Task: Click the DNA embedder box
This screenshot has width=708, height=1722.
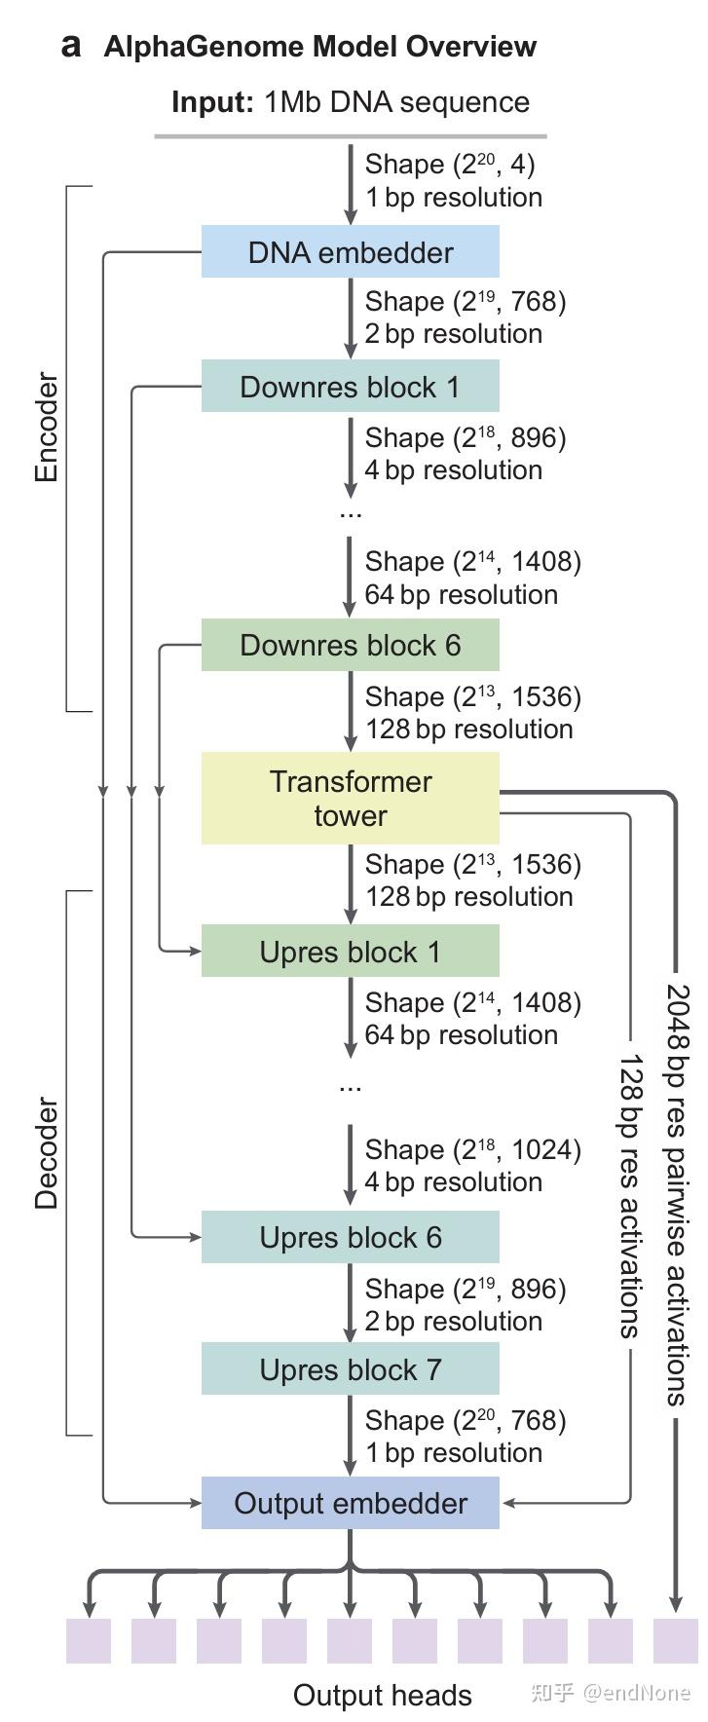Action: [x=350, y=252]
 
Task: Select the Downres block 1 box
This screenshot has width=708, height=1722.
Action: [x=350, y=387]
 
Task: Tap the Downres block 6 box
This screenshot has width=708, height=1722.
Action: [x=350, y=645]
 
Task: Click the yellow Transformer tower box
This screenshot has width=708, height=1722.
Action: [x=350, y=798]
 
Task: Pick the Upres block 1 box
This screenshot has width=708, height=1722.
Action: [x=350, y=952]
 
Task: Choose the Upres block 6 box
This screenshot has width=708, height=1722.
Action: [x=350, y=1237]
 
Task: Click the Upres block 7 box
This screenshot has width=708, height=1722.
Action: [x=350, y=1369]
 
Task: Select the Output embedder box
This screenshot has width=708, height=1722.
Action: [x=350, y=1503]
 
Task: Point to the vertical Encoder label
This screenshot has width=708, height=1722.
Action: [x=47, y=428]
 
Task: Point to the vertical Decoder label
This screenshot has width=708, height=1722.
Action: [x=47, y=1153]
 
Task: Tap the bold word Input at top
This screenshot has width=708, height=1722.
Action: [x=212, y=102]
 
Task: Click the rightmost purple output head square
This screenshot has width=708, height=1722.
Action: [x=676, y=1640]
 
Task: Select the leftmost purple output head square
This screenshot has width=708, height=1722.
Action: [x=89, y=1640]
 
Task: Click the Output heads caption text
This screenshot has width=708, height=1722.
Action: [x=382, y=1696]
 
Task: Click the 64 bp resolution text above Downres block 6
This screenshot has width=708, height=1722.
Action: [x=461, y=594]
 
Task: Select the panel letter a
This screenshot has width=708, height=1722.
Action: [x=70, y=46]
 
